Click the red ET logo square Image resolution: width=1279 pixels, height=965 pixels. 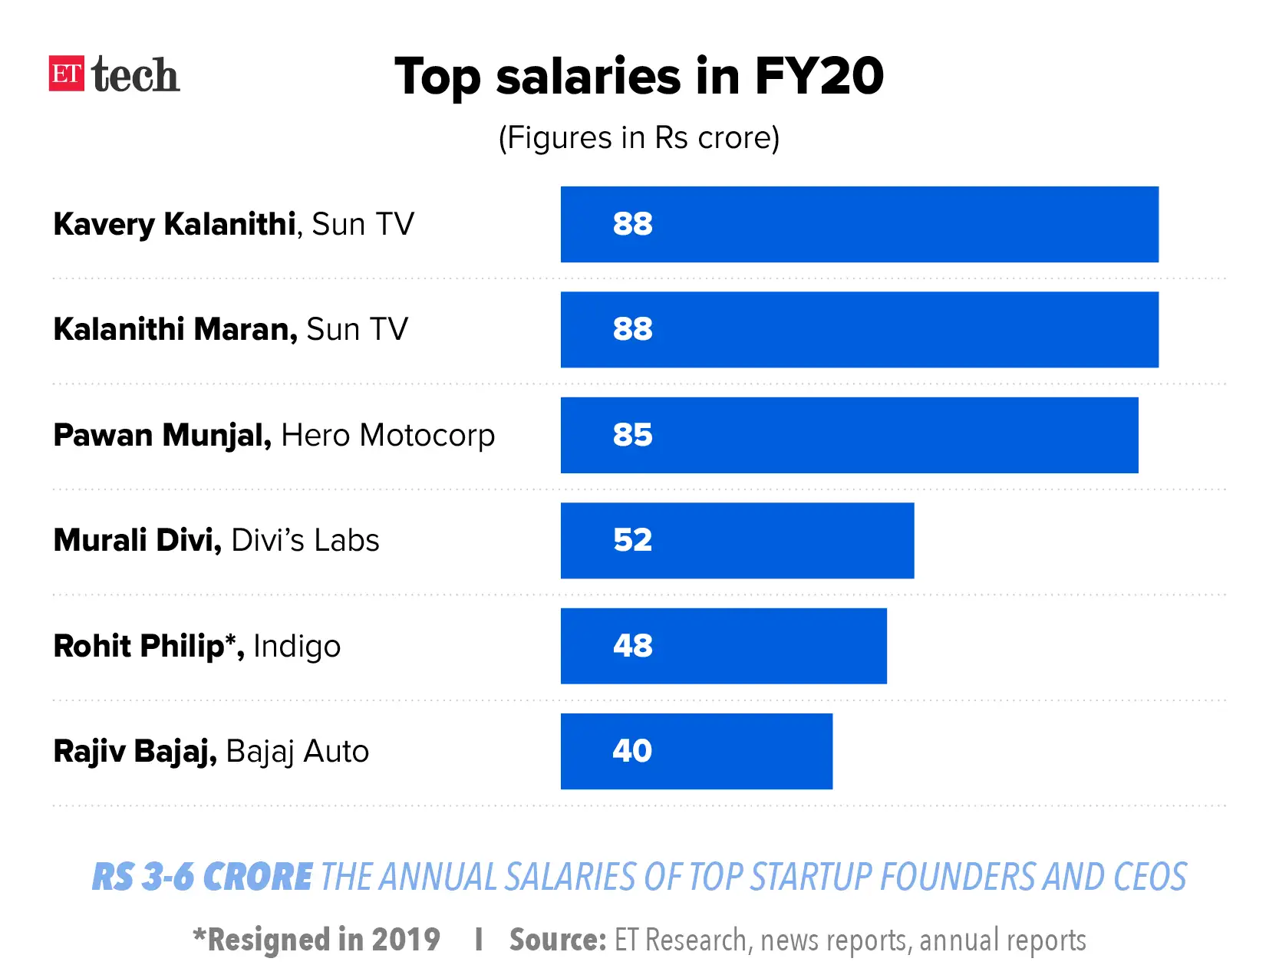pos(67,74)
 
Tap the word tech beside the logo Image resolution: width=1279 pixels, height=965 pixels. pos(135,75)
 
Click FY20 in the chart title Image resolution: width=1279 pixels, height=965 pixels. pos(819,76)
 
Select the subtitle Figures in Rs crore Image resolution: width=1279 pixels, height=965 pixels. pos(638,138)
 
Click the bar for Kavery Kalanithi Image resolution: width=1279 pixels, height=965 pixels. pos(859,224)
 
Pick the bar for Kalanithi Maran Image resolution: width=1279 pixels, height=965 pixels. pos(859,329)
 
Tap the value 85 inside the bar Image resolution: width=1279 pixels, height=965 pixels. pos(632,435)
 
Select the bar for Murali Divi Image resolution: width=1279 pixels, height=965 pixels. pos(737,540)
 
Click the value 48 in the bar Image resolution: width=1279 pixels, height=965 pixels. pos(632,646)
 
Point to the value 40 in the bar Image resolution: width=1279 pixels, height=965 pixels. pos(632,751)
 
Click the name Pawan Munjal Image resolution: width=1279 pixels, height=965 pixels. pos(162,435)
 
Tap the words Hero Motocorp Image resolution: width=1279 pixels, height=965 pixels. pos(387,435)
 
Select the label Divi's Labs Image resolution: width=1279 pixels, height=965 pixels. pos(305,540)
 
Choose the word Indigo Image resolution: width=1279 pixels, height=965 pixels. pos(296,646)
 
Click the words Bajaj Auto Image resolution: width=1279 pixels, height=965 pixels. pos(297,751)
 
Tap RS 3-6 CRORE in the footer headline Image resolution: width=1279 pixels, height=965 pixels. pos(202,877)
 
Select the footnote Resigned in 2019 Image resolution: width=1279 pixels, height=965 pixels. pos(316,940)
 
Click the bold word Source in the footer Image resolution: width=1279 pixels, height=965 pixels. pos(557,940)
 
